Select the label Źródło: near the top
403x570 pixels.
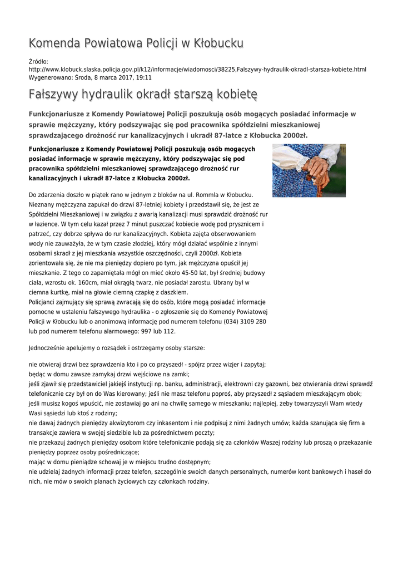[38, 62]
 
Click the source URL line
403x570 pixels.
[197, 70]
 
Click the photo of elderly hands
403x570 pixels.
[309, 170]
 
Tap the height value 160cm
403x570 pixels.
[83, 282]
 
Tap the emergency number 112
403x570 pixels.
[168, 331]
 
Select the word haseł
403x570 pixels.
[352, 471]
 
